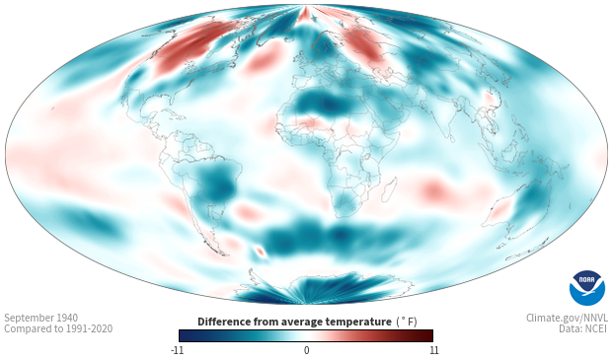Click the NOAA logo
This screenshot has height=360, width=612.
587,288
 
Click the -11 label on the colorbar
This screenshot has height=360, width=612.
177,350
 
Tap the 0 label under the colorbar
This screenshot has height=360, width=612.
306,350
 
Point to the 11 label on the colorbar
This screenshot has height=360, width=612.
433,350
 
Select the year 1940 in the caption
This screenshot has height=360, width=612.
67,318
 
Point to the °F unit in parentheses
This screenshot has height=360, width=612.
407,322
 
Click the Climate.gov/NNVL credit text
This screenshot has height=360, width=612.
567,318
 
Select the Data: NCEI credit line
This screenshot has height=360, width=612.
583,328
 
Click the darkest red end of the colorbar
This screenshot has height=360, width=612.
430,335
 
